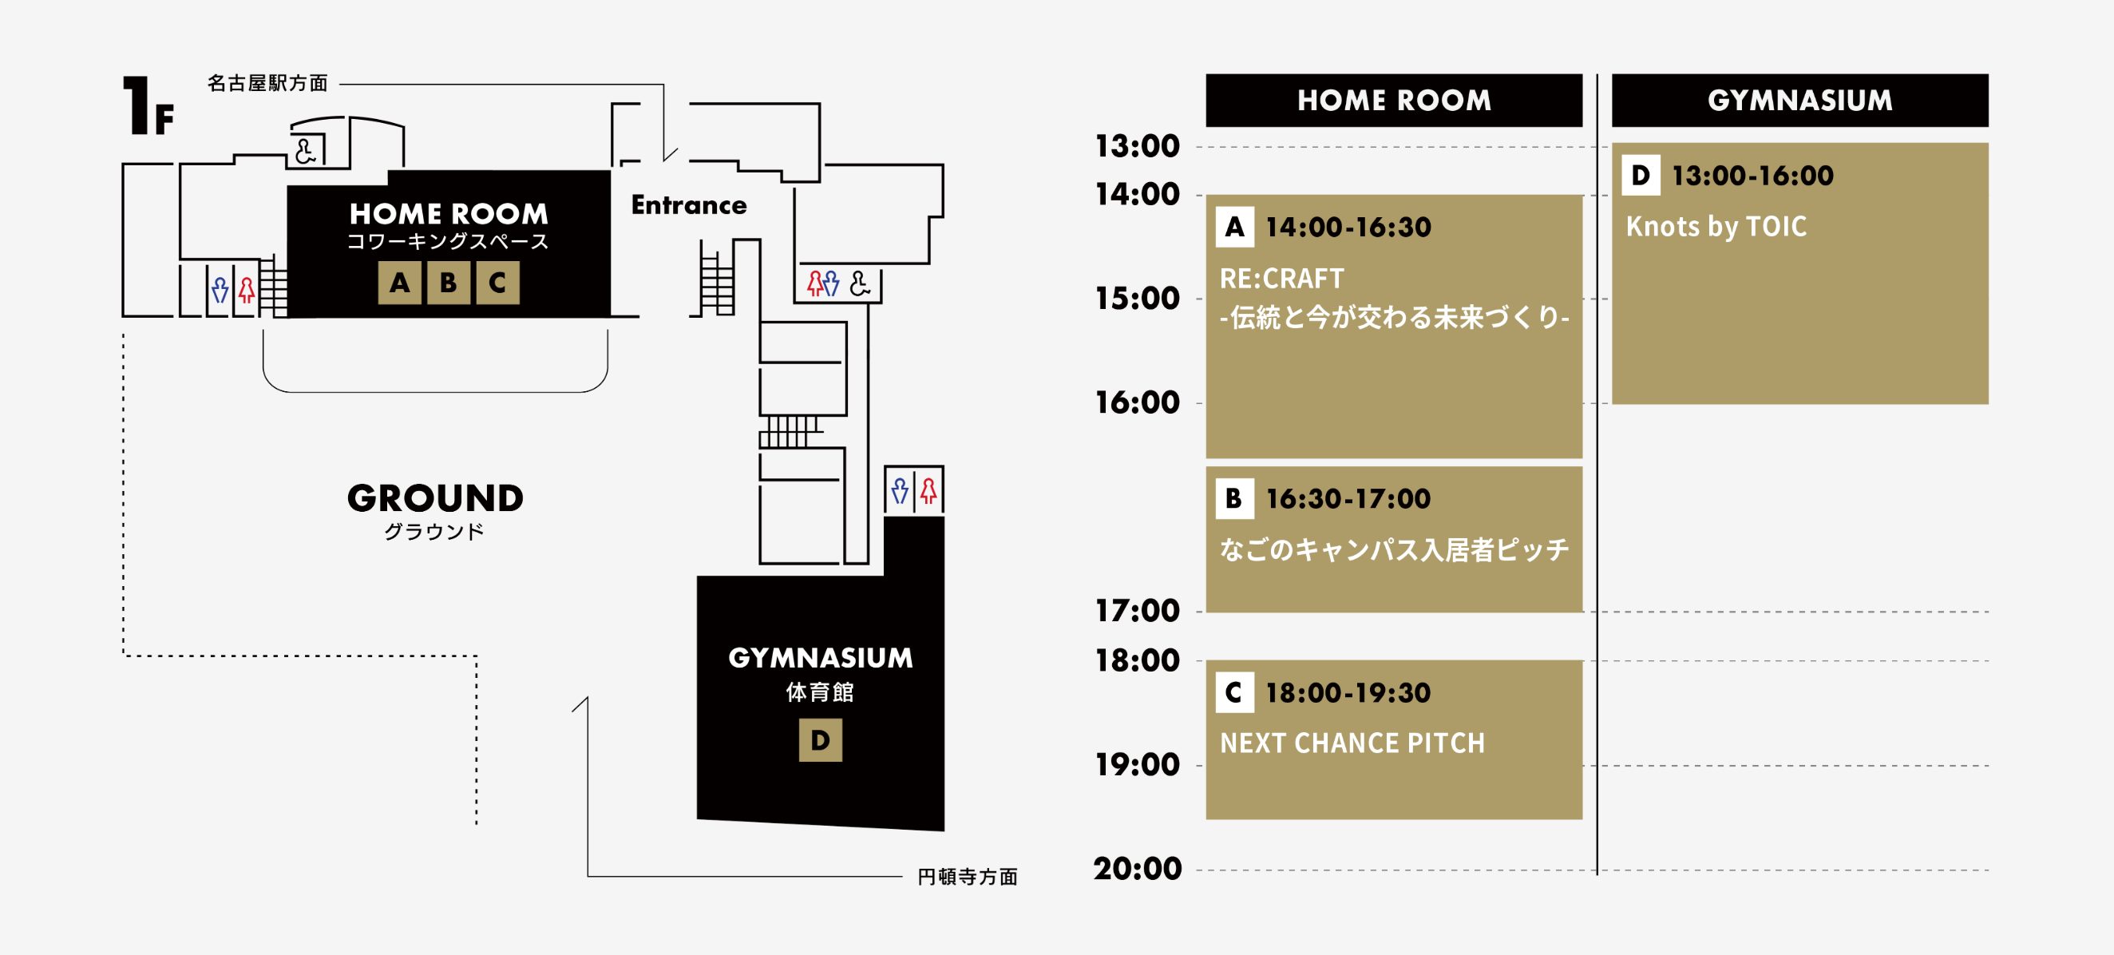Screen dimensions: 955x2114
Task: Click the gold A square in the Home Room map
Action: [400, 283]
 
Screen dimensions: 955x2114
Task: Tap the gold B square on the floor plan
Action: [448, 283]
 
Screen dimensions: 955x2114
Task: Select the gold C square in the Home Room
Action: [497, 283]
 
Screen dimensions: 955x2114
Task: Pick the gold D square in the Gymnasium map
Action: [820, 741]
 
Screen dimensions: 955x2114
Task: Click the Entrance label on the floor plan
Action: [688, 205]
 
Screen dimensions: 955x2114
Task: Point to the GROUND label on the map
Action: [435, 498]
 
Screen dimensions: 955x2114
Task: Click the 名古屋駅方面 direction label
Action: [267, 83]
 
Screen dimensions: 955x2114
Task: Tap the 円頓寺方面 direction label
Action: [968, 877]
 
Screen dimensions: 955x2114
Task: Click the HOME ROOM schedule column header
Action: [1393, 100]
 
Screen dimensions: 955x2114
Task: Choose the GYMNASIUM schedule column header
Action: [1799, 100]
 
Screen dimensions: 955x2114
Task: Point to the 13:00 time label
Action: [1138, 146]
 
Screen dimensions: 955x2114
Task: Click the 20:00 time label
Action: [1138, 869]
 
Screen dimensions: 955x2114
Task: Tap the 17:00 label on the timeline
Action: [1138, 611]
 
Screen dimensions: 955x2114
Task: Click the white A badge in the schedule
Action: [1234, 228]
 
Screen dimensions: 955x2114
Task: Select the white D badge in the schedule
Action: [1641, 176]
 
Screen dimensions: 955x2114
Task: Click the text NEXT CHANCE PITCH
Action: [1352, 743]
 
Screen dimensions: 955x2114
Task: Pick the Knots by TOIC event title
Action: [1716, 227]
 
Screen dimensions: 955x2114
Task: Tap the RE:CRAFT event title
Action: [1282, 279]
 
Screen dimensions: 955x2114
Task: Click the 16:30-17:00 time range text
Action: [1348, 498]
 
